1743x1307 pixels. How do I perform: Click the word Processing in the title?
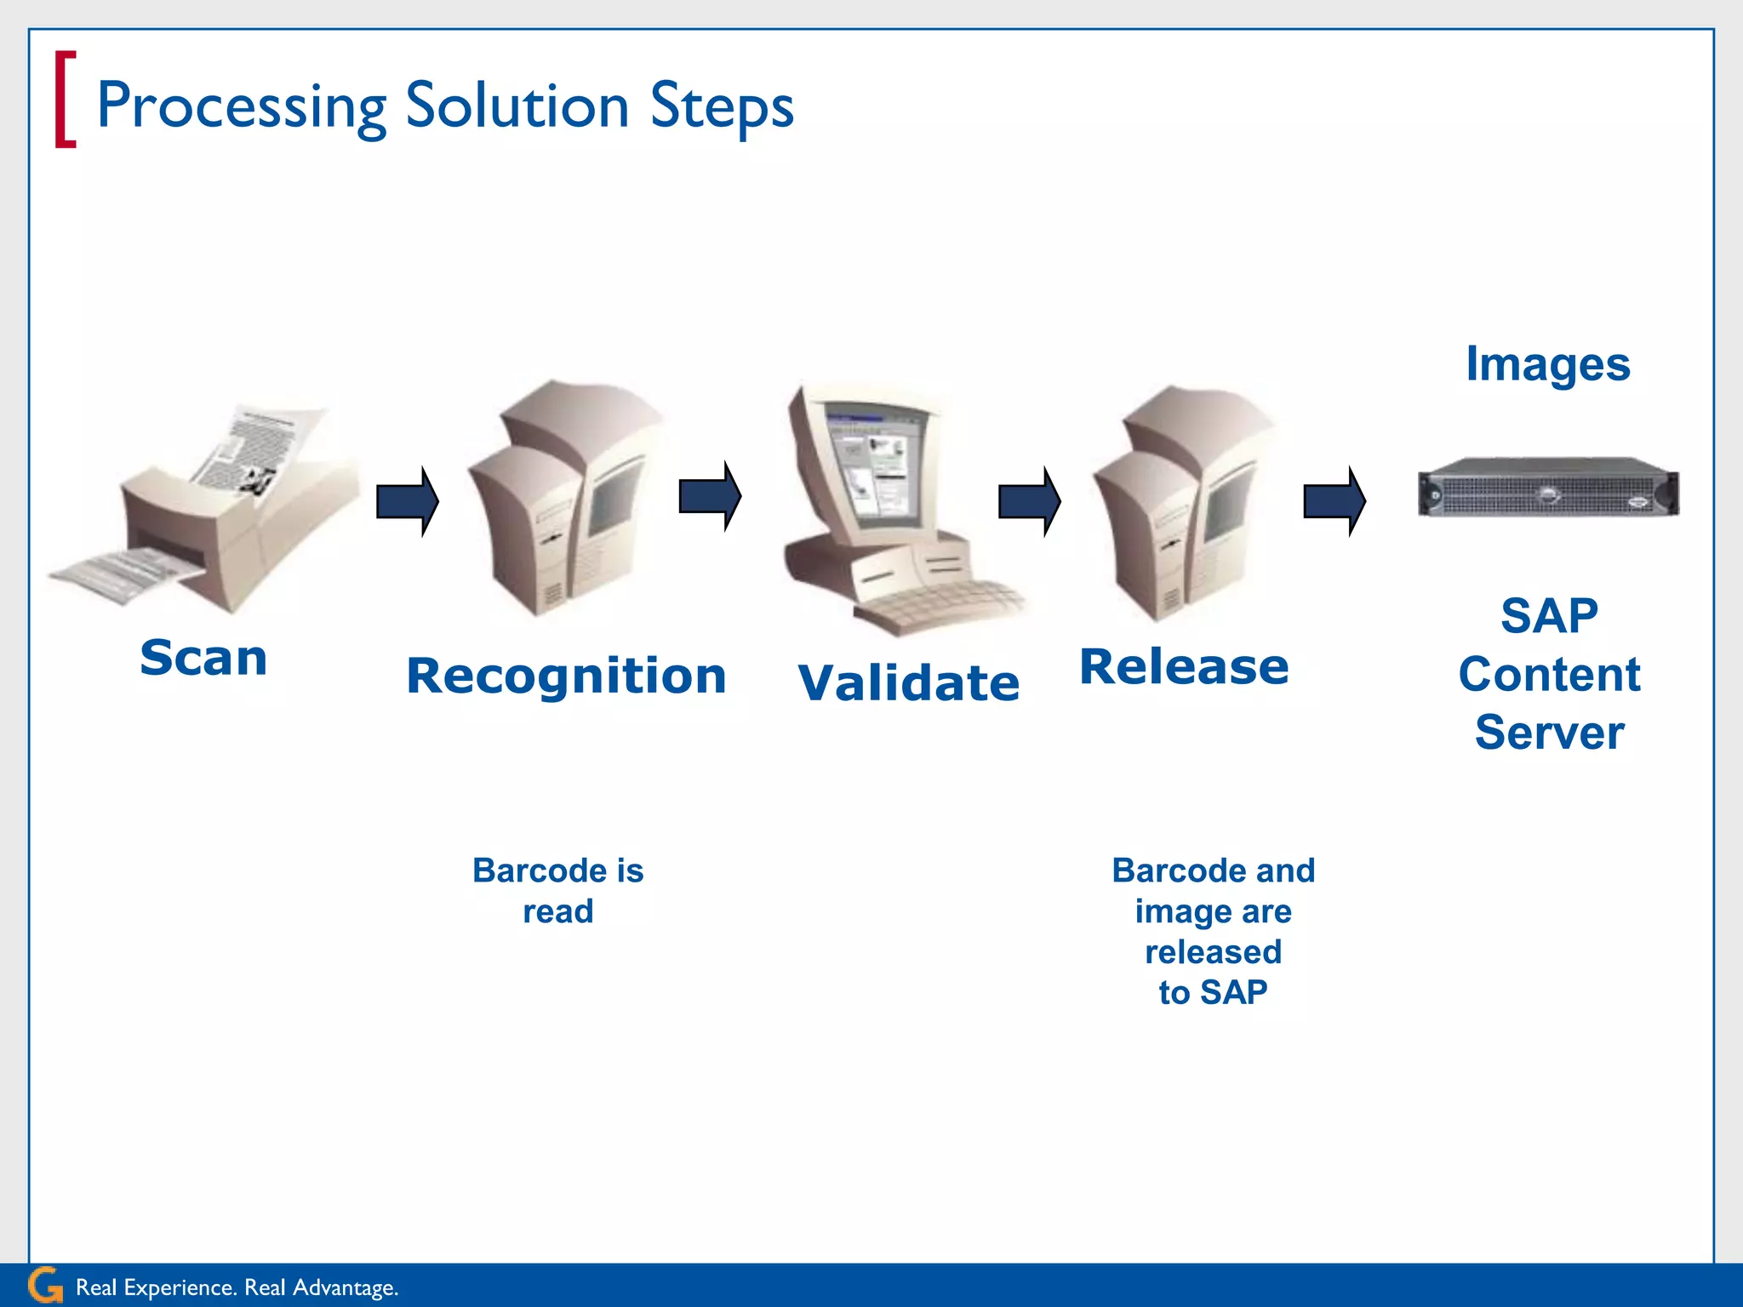(242, 107)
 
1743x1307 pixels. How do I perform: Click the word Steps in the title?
(721, 107)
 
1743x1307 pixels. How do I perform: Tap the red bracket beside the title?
(65, 100)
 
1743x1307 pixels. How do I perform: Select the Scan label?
(203, 658)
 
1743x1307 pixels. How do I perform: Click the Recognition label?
(566, 676)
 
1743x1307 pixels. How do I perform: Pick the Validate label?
(908, 682)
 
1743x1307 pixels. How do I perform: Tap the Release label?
(1184, 666)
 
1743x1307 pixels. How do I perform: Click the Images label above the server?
(1547, 364)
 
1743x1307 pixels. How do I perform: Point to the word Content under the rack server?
(1549, 675)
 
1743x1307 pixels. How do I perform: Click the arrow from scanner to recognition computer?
(408, 501)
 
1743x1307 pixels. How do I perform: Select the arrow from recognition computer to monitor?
(710, 496)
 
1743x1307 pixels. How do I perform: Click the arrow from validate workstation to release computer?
(1029, 501)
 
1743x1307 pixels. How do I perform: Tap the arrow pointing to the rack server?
(1334, 500)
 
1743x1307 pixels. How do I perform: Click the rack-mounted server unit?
(1547, 487)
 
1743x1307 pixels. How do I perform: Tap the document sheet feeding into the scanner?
(255, 447)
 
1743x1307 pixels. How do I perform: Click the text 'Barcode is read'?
(557, 890)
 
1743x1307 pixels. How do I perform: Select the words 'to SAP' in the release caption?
(1213, 992)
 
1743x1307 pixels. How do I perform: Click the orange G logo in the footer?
(45, 1285)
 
